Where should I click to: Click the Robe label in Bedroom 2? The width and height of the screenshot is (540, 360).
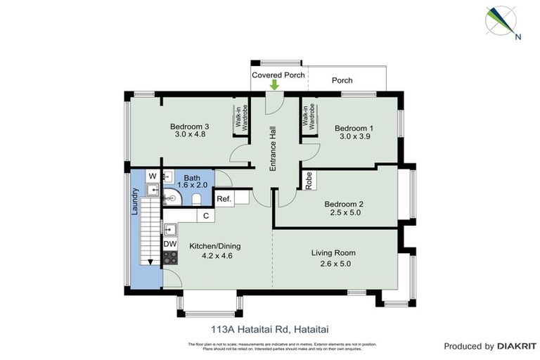pyautogui.click(x=309, y=181)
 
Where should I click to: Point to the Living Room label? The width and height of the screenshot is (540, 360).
pyautogui.click(x=333, y=253)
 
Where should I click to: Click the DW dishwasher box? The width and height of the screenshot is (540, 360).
pyautogui.click(x=169, y=244)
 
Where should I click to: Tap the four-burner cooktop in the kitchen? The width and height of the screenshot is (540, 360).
pyautogui.click(x=169, y=258)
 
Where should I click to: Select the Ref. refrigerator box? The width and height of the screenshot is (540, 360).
pyautogui.click(x=224, y=199)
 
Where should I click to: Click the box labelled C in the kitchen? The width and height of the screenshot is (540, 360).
pyautogui.click(x=205, y=216)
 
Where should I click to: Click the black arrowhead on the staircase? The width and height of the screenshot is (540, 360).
pyautogui.click(x=150, y=262)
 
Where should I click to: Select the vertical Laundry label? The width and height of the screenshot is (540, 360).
pyautogui.click(x=135, y=208)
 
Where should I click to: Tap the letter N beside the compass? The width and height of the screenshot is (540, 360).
pyautogui.click(x=518, y=37)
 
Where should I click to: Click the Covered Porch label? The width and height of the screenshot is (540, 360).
pyautogui.click(x=278, y=75)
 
